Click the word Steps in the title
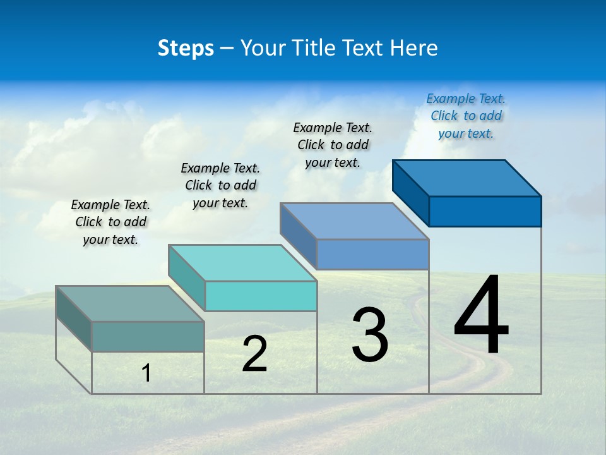click(x=186, y=48)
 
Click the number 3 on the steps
click(x=370, y=335)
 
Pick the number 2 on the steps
click(x=254, y=354)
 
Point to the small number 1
click(x=146, y=373)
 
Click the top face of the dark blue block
click(x=467, y=178)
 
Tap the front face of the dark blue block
click(x=485, y=211)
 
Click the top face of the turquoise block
click(x=242, y=263)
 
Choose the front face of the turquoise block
click(x=261, y=296)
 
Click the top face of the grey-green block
click(x=130, y=304)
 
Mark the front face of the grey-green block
click(x=148, y=336)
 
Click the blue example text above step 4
click(x=466, y=116)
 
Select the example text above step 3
click(x=333, y=145)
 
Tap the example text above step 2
click(x=220, y=185)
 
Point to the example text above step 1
click(x=110, y=222)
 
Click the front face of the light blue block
click(x=372, y=254)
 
